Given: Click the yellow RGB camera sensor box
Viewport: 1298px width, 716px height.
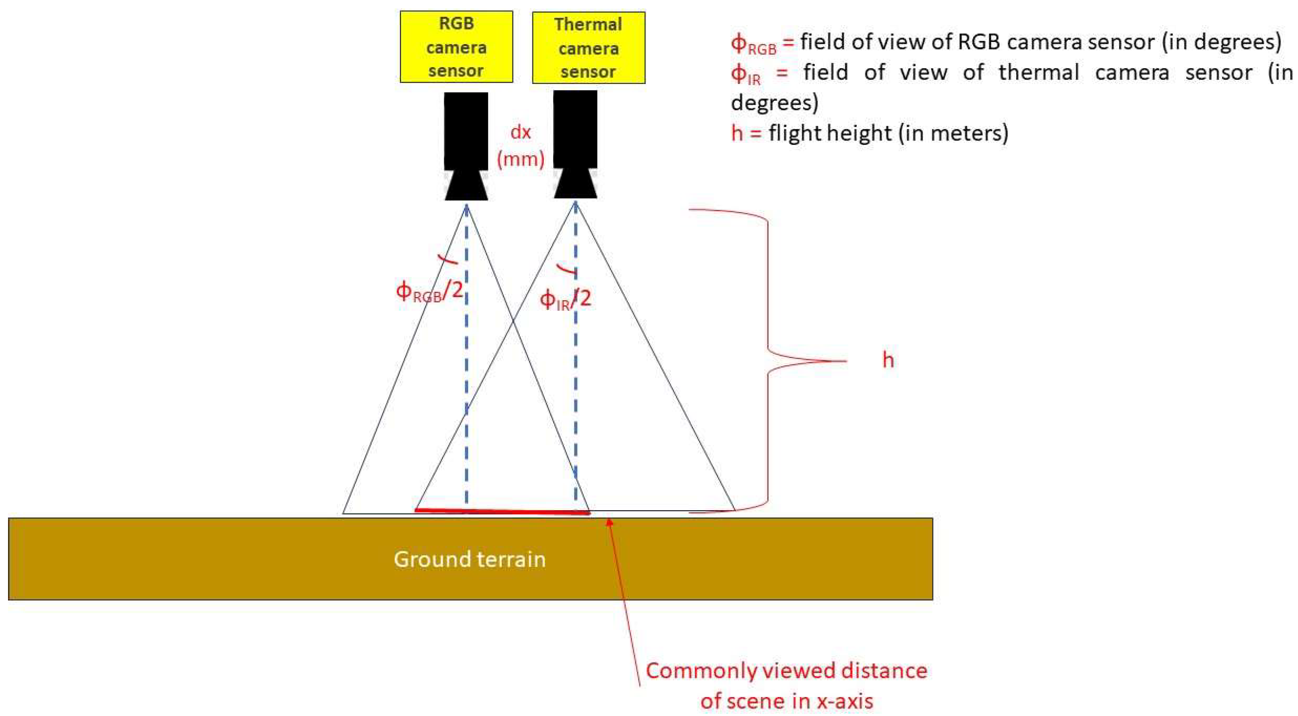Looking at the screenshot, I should click(x=456, y=47).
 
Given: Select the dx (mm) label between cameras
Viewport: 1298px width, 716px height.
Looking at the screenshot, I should click(x=520, y=146).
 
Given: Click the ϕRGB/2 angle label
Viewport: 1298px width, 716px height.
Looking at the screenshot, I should click(x=429, y=292).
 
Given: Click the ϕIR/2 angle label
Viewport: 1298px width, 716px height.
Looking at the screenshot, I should click(x=565, y=299).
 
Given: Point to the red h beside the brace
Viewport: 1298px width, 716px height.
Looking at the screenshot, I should click(x=888, y=360).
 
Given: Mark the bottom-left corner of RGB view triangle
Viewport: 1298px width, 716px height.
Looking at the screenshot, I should click(x=343, y=513).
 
